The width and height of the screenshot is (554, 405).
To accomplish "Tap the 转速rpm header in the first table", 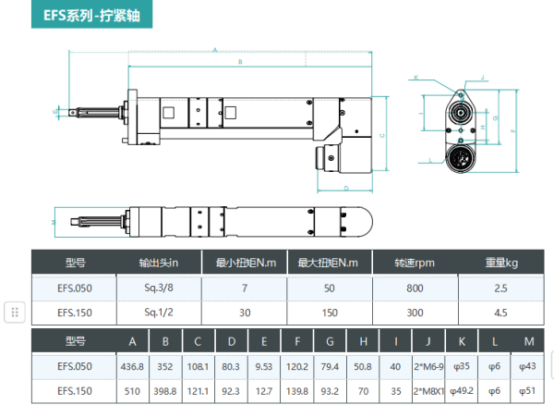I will [414, 263].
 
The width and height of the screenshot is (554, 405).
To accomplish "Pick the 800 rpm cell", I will [414, 288].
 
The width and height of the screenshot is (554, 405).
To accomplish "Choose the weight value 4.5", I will [501, 312].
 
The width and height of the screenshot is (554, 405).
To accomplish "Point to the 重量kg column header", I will [501, 263].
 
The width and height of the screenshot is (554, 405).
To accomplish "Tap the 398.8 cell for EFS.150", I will [165, 390].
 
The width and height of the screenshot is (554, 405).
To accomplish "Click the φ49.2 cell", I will [465, 390].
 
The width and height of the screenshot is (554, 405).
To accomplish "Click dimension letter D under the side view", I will [344, 188].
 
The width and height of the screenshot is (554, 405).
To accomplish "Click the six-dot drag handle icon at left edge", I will [15, 312].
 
